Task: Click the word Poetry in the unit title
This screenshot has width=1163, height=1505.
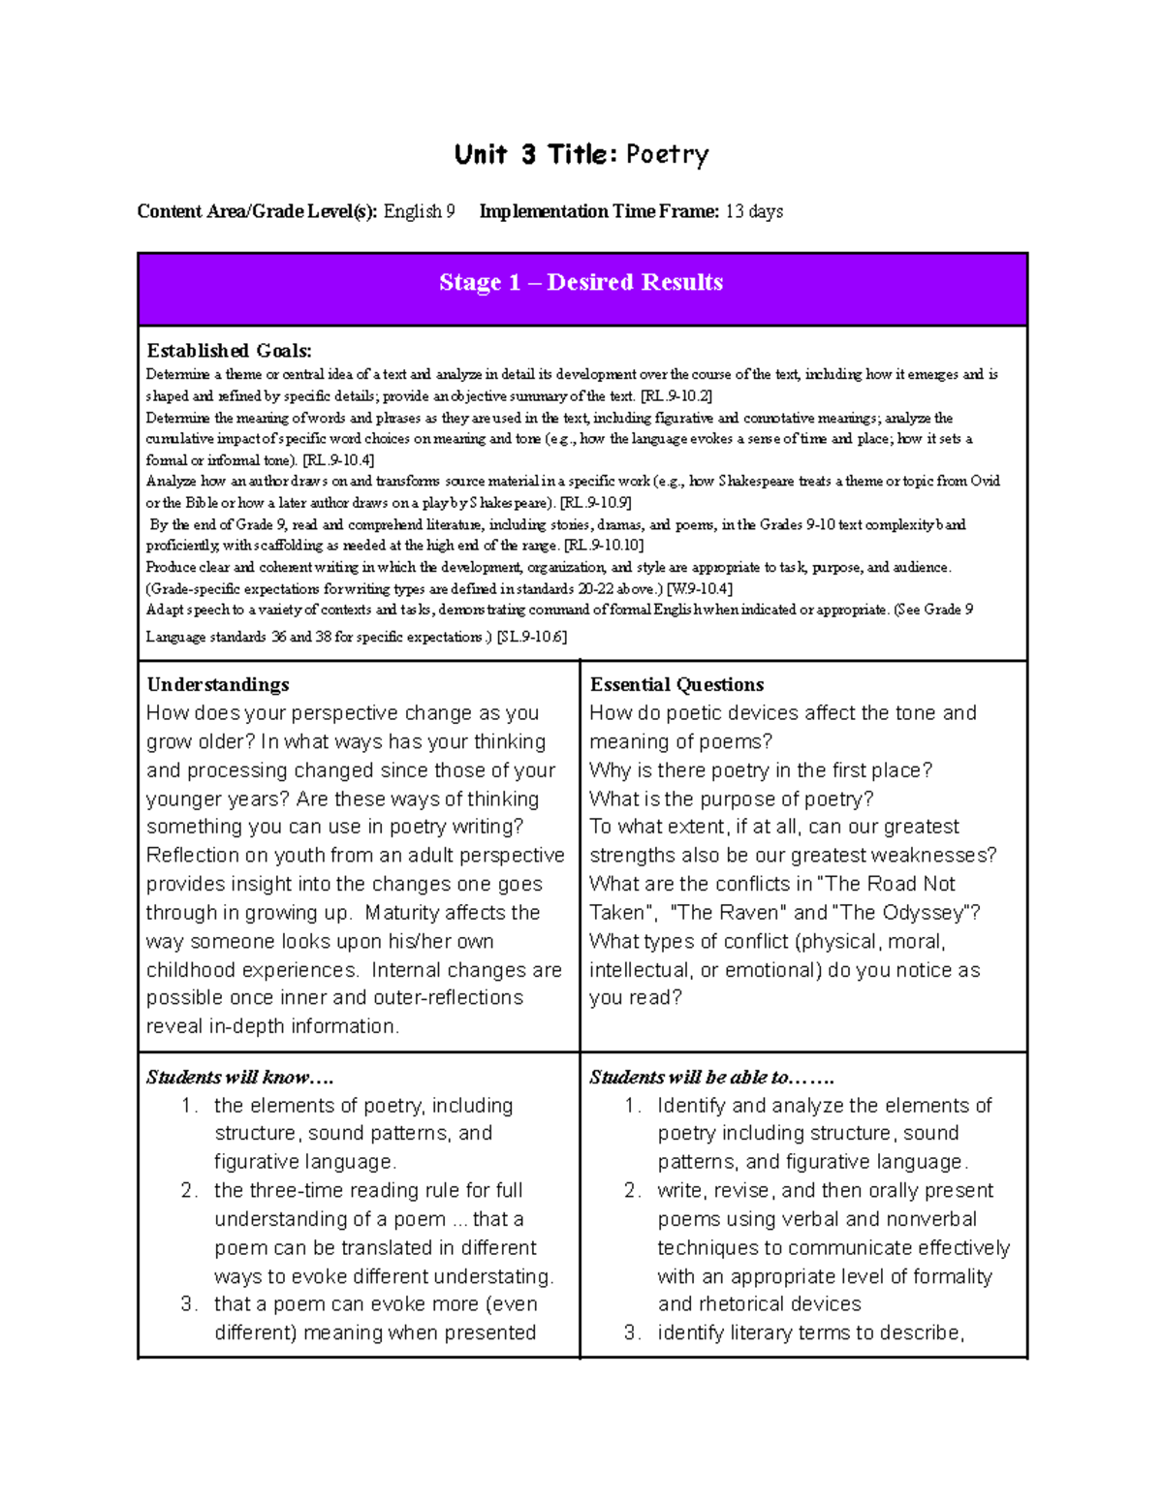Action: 667,155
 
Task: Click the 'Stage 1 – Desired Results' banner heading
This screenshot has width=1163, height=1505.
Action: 581,283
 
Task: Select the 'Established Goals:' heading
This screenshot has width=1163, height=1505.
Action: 229,351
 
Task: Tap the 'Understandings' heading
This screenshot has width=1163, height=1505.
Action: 218,684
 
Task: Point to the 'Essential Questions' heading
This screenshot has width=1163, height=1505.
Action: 676,684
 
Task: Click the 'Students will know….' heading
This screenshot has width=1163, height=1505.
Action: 239,1077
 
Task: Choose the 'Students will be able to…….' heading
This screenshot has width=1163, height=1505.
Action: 711,1077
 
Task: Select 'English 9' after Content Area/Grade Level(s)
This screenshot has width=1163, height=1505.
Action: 419,211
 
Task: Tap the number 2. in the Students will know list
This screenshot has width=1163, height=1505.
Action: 189,1190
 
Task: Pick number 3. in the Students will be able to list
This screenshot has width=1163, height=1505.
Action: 632,1333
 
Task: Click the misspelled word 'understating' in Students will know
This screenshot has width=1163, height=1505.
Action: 493,1276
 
